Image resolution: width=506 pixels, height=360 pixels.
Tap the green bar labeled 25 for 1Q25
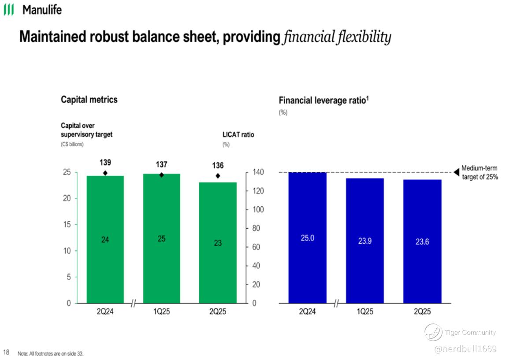pyautogui.click(x=161, y=238)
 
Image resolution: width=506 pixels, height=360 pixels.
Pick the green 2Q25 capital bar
pyautogui.click(x=218, y=242)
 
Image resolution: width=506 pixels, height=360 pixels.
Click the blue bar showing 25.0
pyautogui.click(x=307, y=238)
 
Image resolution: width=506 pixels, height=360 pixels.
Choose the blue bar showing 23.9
pyautogui.click(x=365, y=241)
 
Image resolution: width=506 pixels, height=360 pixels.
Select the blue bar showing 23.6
pyautogui.click(x=422, y=241)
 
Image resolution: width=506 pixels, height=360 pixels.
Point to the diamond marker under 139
pyautogui.click(x=105, y=173)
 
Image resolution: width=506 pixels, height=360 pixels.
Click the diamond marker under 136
pyautogui.click(x=218, y=176)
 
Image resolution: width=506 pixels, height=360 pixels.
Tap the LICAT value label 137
pyautogui.click(x=161, y=164)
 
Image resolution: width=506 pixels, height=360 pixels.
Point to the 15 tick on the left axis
pyautogui.click(x=67, y=225)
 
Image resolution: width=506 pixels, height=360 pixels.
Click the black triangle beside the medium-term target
pyautogui.click(x=457, y=172)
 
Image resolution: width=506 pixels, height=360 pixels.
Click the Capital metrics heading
pyautogui.click(x=89, y=100)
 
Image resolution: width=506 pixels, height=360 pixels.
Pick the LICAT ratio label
pyautogui.click(x=238, y=134)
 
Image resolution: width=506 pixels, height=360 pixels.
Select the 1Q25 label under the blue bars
pyautogui.click(x=365, y=312)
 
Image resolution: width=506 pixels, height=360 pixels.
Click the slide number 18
pyautogui.click(x=6, y=352)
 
